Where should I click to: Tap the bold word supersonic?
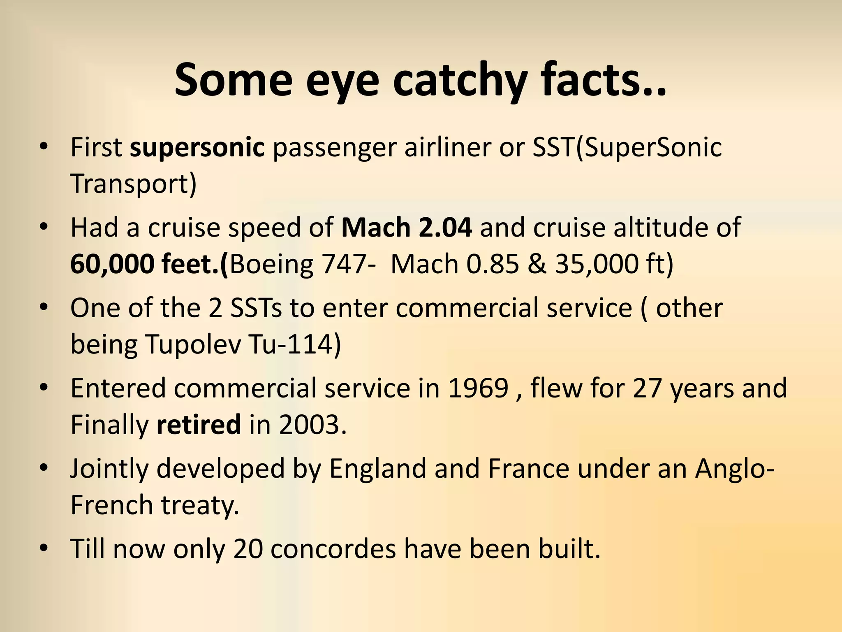click(x=197, y=147)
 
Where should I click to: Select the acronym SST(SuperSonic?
click(x=627, y=147)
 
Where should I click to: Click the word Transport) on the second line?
click(x=134, y=184)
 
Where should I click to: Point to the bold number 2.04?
click(x=445, y=227)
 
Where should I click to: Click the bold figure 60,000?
click(x=112, y=264)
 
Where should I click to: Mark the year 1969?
click(x=478, y=388)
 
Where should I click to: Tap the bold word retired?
click(x=199, y=425)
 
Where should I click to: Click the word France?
click(x=528, y=468)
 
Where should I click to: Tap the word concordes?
click(x=333, y=549)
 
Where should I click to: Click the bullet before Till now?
click(x=44, y=549)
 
